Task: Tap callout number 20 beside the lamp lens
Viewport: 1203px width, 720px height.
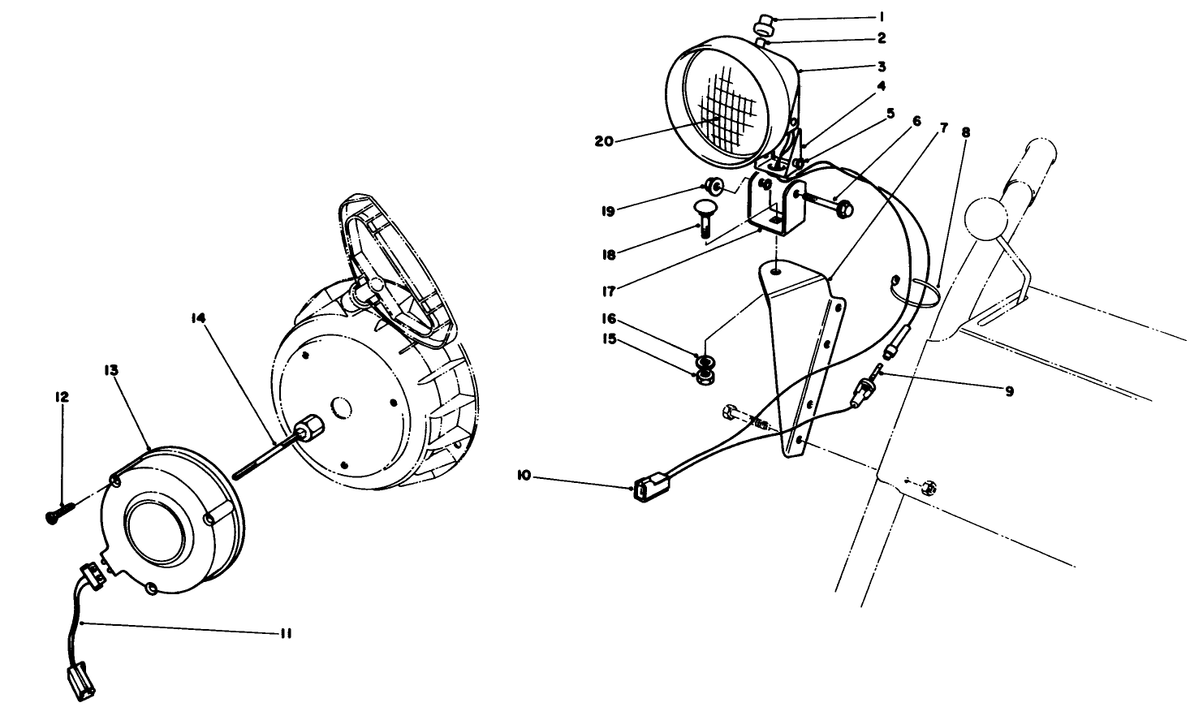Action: point(604,140)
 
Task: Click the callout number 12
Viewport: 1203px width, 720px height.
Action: point(63,397)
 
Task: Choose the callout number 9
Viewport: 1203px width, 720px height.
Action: point(1009,390)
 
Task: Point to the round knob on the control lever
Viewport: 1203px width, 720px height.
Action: point(984,218)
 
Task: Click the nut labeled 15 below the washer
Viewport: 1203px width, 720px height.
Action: point(703,377)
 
